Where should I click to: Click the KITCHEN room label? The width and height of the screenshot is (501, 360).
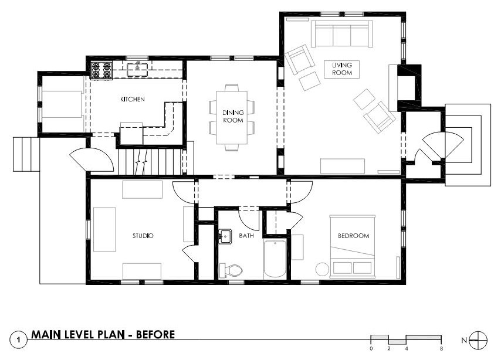coord(133,99)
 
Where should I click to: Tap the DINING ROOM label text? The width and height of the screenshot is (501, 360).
coord(233,116)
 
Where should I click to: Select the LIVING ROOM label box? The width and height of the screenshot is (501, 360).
coord(342,69)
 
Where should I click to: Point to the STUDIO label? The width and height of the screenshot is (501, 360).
coord(143,236)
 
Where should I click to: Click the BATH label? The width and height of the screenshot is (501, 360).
coord(246,236)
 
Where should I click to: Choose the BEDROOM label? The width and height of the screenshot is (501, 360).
coord(354,236)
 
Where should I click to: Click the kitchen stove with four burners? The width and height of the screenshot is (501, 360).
coord(101,70)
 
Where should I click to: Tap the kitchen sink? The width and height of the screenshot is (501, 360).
coord(137,70)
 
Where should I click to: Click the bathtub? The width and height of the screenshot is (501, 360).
coord(275,259)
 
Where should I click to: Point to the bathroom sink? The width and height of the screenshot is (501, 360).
coord(225,236)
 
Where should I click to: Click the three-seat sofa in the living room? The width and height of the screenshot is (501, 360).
coord(342,34)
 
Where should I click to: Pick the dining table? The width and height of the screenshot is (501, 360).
coord(232,117)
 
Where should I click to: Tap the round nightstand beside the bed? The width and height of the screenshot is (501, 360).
coord(322,269)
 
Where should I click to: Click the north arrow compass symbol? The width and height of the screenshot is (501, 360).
coord(479,341)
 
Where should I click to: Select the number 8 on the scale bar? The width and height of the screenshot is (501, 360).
coord(441,348)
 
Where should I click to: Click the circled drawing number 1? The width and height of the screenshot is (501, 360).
coord(19,340)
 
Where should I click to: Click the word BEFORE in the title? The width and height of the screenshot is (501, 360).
coord(155,334)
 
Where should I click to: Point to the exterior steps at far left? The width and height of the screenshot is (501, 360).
coord(26,154)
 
